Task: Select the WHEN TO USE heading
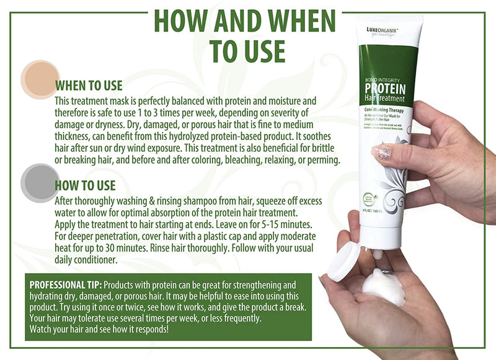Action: (x=89, y=86)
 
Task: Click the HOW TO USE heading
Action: (x=85, y=185)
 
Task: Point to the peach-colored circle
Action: (x=39, y=79)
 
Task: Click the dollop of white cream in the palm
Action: (x=383, y=288)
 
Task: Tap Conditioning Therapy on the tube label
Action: (x=384, y=110)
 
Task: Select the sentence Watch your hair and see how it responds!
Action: (x=99, y=329)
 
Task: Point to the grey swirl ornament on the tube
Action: (x=392, y=186)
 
